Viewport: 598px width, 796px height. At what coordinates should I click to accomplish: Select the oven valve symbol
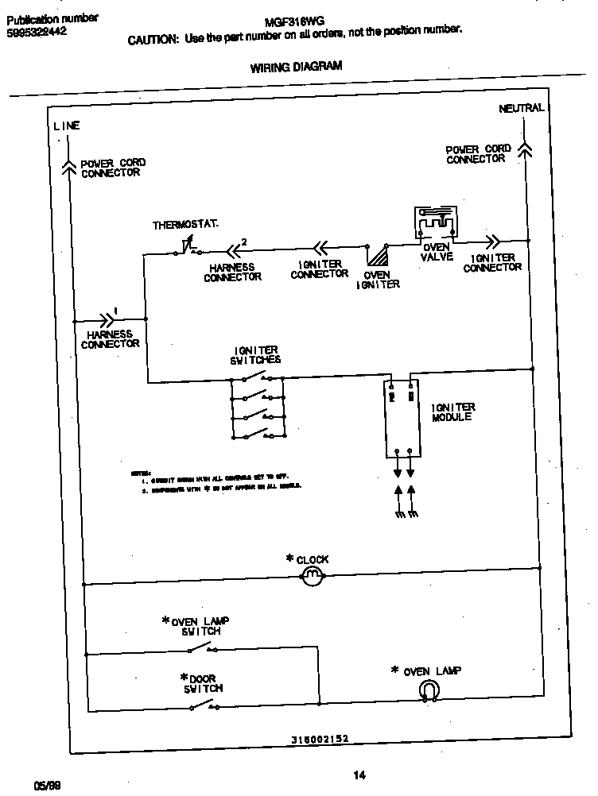(x=435, y=223)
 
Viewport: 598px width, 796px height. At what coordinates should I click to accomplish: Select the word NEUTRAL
(x=521, y=108)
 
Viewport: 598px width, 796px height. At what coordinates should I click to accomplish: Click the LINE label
(x=67, y=126)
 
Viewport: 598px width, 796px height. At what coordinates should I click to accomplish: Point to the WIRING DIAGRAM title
(x=296, y=67)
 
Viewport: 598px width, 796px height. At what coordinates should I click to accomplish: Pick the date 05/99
(x=47, y=785)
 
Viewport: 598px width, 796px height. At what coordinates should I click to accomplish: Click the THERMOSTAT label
(x=185, y=226)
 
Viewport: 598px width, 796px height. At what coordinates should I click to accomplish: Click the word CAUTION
(x=153, y=41)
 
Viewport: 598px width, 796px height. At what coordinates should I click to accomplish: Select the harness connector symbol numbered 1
(x=107, y=320)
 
